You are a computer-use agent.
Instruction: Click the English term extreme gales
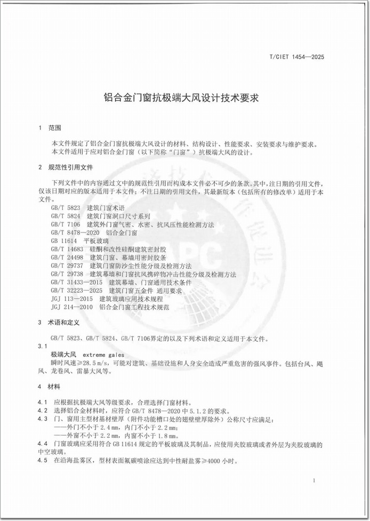[103, 355]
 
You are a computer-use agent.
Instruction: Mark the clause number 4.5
[43, 460]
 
